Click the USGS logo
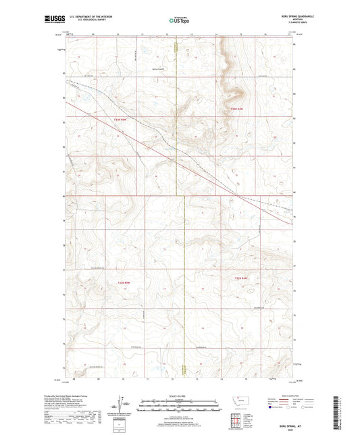point(55,20)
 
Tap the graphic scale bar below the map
point(180,407)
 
